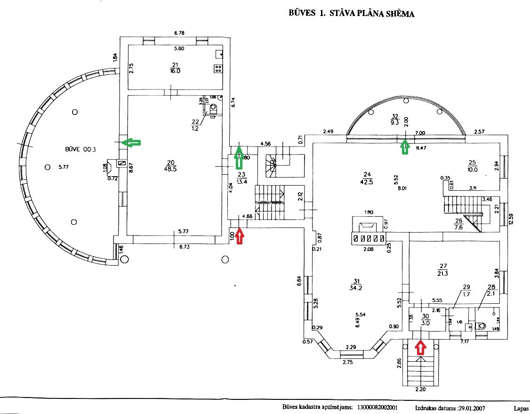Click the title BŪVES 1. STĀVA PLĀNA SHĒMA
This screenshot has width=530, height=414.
351,13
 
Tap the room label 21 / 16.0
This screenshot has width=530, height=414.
175,68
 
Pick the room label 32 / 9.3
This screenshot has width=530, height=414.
394,119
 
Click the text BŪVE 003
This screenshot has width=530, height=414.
80,149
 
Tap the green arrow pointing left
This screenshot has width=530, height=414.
131,142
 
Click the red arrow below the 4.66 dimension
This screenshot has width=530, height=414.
240,235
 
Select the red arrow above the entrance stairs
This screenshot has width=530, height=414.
420,348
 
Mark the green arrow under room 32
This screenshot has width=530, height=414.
404,147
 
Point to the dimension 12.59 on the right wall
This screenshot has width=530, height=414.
511,220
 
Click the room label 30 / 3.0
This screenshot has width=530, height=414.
425,320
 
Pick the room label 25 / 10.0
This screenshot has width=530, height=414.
473,166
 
